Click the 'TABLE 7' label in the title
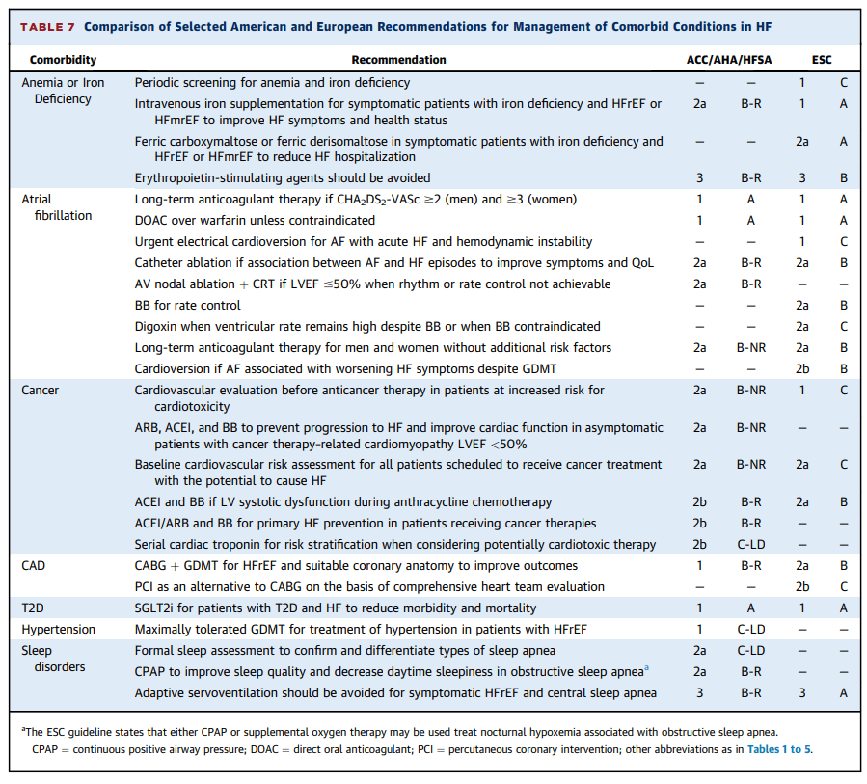[x=47, y=26]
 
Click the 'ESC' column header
[x=822, y=60]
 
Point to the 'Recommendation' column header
[x=398, y=60]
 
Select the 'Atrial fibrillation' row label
[x=56, y=207]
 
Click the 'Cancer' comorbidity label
[x=41, y=391]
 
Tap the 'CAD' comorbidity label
[x=34, y=566]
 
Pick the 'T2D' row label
[x=34, y=608]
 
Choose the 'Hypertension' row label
[x=59, y=630]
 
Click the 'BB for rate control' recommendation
[x=188, y=306]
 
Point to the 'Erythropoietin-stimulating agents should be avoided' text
[x=283, y=177]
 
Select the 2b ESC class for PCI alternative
[x=802, y=587]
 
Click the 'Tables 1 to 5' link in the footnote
[x=777, y=749]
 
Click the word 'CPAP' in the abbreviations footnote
[x=46, y=749]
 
